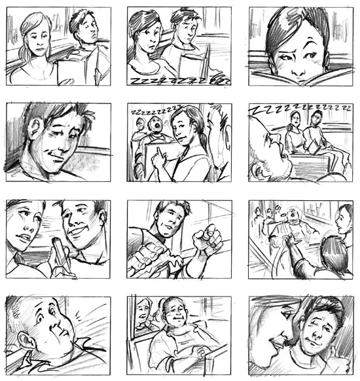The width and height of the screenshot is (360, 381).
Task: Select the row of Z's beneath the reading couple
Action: pos(180,81)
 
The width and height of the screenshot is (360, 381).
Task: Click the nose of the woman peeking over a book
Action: pos(298,71)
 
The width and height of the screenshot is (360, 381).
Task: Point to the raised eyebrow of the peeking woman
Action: pos(312,41)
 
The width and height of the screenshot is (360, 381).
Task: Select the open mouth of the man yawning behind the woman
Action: pos(157,126)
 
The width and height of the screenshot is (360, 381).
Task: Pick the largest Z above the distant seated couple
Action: pos(255,110)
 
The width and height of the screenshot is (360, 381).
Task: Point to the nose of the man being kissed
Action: pos(315,335)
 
